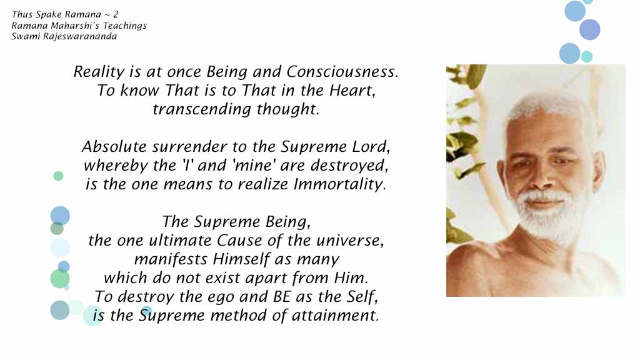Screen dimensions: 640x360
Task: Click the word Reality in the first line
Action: point(99,72)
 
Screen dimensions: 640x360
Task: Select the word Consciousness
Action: point(342,72)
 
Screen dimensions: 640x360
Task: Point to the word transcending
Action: point(202,109)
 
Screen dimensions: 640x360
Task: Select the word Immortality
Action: point(339,184)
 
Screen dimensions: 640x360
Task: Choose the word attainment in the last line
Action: point(336,316)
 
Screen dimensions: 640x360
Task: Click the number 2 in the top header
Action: point(116,14)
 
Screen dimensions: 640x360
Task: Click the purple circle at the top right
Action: point(590,29)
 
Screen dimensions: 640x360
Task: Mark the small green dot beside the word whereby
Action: point(58,176)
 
